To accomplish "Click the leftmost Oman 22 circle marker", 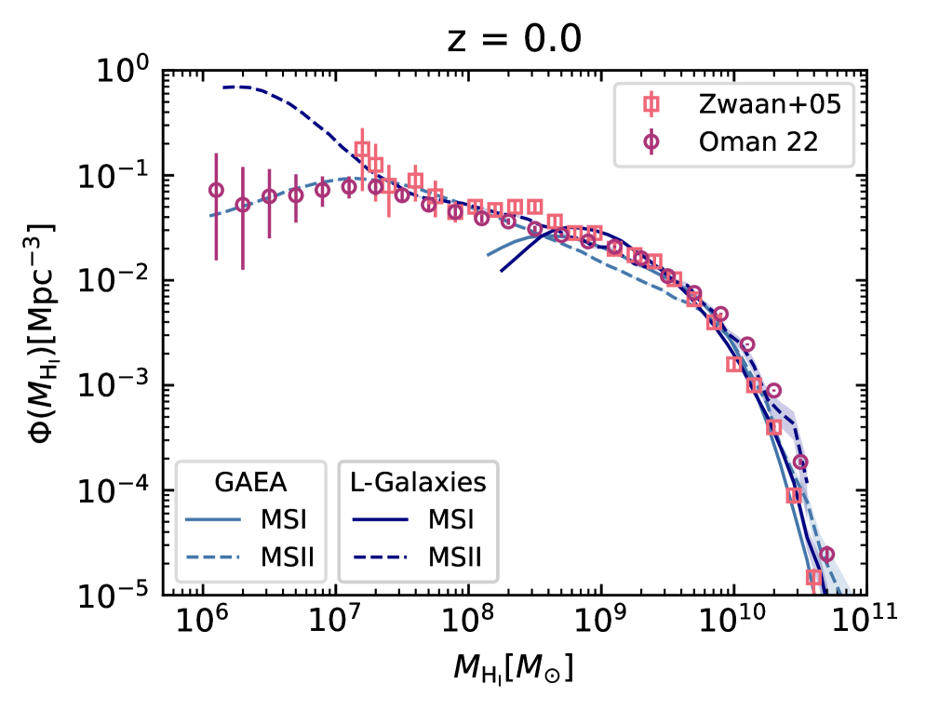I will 216,190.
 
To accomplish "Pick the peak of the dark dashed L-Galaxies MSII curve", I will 238,87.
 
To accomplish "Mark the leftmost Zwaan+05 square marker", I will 362,149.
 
